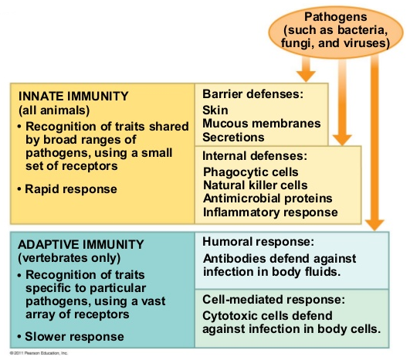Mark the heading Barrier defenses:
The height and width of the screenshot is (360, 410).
(x=251, y=94)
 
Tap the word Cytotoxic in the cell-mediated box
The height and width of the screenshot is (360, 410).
(x=230, y=315)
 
